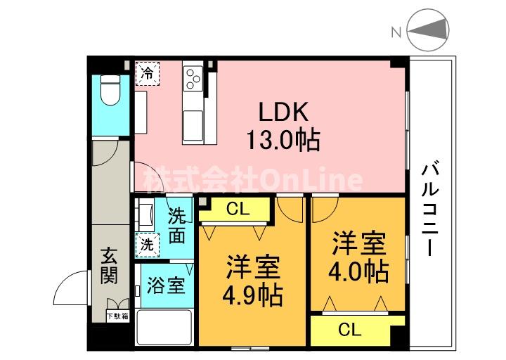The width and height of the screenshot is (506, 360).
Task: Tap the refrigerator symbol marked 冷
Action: point(148,73)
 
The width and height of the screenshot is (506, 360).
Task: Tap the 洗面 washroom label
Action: point(178,225)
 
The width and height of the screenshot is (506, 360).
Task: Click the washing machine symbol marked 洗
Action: point(148,245)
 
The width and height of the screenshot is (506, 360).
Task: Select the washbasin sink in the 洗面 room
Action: point(147,213)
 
